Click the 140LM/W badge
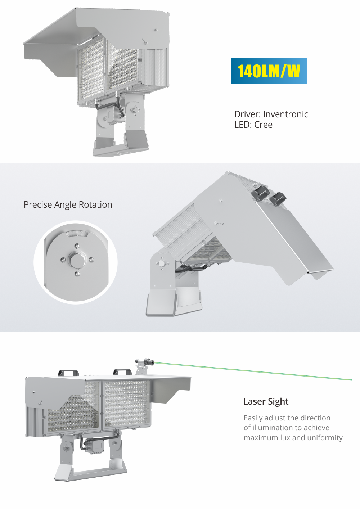pyautogui.click(x=269, y=71)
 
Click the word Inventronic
pyautogui.click(x=285, y=114)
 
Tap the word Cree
pyautogui.click(x=263, y=125)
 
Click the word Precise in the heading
pyautogui.click(x=38, y=205)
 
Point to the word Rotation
pyautogui.click(x=95, y=205)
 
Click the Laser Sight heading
pyautogui.click(x=266, y=402)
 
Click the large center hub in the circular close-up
pyautogui.click(x=76, y=260)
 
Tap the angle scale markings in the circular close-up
pyautogui.click(x=77, y=233)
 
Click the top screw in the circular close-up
pyautogui.click(x=77, y=246)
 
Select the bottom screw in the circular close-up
pyautogui.click(x=77, y=274)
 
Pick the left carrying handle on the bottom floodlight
pyautogui.click(x=68, y=373)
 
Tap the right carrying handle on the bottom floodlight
pyautogui.click(x=122, y=372)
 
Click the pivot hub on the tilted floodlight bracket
pyautogui.click(x=162, y=263)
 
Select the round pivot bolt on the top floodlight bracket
pyautogui.click(x=135, y=110)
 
